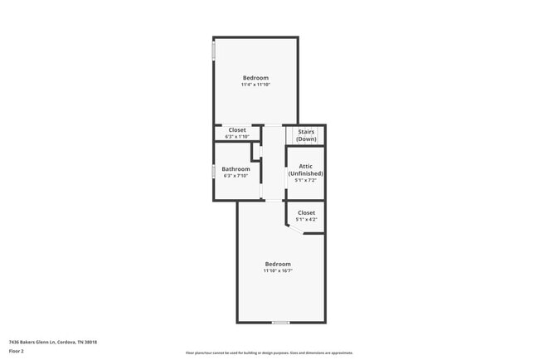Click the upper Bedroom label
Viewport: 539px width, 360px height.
[255, 78]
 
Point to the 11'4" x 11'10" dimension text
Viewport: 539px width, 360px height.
[255, 85]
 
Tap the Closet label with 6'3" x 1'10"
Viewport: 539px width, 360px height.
[237, 130]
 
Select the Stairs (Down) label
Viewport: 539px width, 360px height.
[306, 134]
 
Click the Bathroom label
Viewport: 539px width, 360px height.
[236, 169]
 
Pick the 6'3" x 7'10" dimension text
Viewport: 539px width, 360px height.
[236, 176]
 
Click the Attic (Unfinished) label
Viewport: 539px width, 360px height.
[306, 169]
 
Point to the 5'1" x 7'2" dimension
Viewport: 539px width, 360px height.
[306, 180]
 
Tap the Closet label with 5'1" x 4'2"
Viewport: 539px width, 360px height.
[306, 213]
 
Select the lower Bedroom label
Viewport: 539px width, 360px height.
[278, 264]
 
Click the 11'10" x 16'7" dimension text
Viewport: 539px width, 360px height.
[278, 270]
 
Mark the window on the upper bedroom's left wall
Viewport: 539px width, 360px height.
[214, 51]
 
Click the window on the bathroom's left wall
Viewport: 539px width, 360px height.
[214, 172]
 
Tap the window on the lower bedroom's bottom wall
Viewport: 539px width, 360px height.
[280, 322]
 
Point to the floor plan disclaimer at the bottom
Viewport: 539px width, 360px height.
[269, 353]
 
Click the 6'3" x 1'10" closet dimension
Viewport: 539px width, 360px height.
[237, 137]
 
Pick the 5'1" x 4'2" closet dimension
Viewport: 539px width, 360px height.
[306, 220]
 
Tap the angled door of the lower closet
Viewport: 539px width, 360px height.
[295, 230]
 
